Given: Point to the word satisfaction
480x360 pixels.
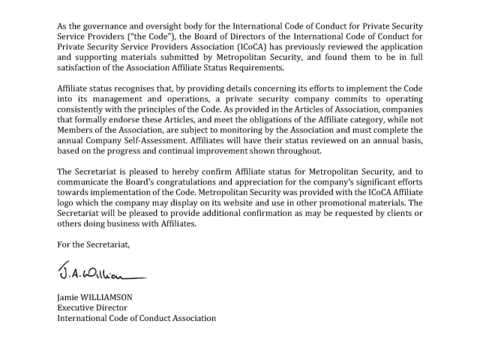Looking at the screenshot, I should pyautogui.click(x=85, y=69).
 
